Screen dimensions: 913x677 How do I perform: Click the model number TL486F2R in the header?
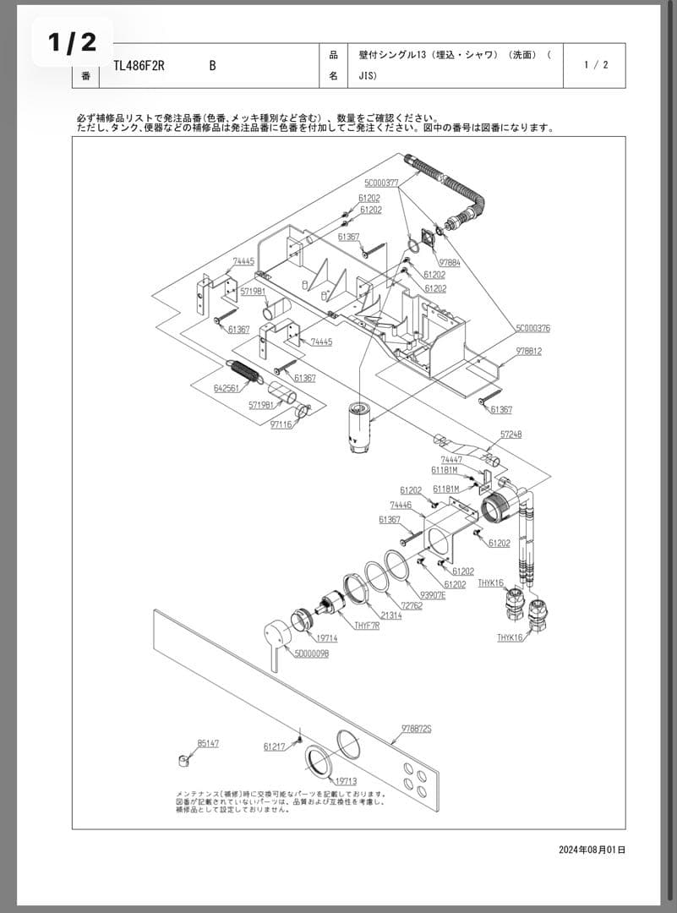[x=139, y=66]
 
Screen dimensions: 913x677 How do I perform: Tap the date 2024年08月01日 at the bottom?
[x=592, y=850]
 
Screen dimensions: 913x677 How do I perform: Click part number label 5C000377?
[x=381, y=183]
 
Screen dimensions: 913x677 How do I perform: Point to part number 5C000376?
[x=532, y=328]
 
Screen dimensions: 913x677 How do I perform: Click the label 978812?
[x=529, y=350]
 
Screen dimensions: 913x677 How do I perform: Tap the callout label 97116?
[x=281, y=424]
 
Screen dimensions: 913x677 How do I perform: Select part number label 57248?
[x=510, y=434]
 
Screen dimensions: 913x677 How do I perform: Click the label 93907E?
[x=433, y=594]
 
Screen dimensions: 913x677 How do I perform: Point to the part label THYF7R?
[x=367, y=626]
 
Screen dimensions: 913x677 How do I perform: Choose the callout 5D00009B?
[x=311, y=654]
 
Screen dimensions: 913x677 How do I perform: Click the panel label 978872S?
[x=416, y=728]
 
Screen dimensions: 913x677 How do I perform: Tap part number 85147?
[x=208, y=743]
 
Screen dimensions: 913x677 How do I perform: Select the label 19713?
[x=346, y=781]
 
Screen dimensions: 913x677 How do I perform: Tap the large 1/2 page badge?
[x=73, y=42]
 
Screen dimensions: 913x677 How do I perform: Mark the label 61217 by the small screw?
[x=275, y=746]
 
